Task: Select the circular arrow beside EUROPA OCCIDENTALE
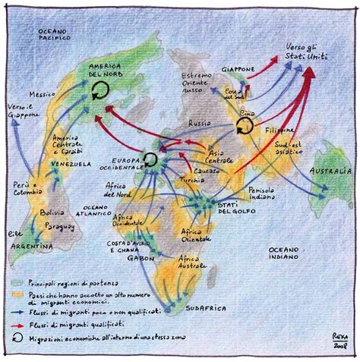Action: pyautogui.click(x=151, y=159)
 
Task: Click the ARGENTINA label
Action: pyautogui.click(x=33, y=247)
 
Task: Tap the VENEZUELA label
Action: pyautogui.click(x=71, y=164)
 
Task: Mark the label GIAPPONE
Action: pyautogui.click(x=238, y=69)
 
